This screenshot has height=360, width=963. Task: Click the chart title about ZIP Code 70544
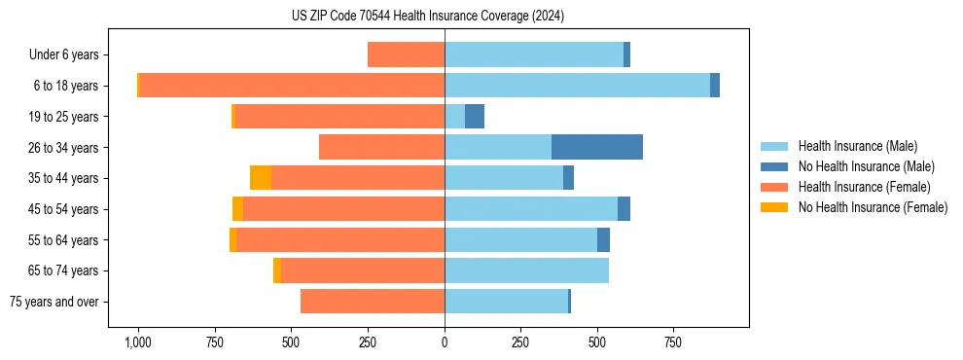coord(427,17)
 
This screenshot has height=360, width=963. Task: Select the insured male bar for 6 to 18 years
coord(577,86)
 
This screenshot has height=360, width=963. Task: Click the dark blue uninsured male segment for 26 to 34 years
coord(596,147)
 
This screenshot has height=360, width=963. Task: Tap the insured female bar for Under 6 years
coord(406,55)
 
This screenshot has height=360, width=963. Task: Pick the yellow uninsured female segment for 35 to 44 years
coord(261,178)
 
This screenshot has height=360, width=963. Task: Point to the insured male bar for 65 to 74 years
coord(526,270)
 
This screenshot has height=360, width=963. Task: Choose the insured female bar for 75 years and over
coord(373,302)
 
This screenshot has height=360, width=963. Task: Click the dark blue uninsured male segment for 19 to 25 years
coord(475,117)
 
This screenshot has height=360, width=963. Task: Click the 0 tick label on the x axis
coord(445,342)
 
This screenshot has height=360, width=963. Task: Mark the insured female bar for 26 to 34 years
coord(381,147)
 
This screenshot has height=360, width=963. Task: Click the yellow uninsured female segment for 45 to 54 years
coord(237,209)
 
